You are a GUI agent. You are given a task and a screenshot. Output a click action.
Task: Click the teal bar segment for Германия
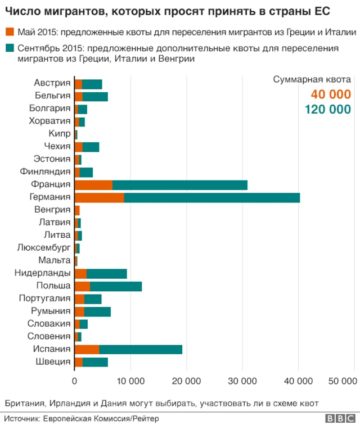pos(211,197)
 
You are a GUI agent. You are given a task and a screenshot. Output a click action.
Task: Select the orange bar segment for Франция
pos(93,184)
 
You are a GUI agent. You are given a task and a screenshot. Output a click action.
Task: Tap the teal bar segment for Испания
pos(141,349)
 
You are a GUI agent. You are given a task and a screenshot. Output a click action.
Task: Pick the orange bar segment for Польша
pos(82,286)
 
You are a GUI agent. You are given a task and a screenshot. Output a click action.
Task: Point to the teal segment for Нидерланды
pos(106,273)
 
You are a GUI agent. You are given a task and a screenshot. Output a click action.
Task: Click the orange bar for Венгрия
pos(77,210)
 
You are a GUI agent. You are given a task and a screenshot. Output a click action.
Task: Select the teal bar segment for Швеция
pos(95,362)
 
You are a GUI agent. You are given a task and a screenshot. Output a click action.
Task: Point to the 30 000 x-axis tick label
pos(242,381)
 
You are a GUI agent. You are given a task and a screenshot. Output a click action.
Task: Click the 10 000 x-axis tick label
pos(130,381)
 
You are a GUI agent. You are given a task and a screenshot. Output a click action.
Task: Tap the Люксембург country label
pos(44,248)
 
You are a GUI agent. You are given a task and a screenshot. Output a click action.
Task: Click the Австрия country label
pos(52,83)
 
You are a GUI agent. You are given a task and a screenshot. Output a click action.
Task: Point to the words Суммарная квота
pos(312,79)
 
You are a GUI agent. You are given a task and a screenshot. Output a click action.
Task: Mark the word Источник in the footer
pos(21,418)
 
